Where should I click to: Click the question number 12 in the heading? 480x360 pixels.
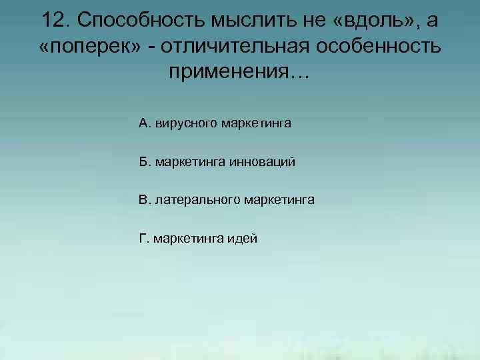pos(54,20)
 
